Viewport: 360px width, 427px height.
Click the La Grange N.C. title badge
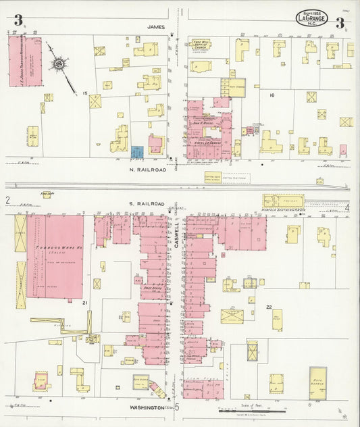(x=311, y=18)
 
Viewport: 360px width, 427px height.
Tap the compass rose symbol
(x=59, y=65)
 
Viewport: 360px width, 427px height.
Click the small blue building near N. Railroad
(x=137, y=152)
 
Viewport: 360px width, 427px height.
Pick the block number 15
(x=85, y=93)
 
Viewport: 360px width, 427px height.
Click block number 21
(x=85, y=303)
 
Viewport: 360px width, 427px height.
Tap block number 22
(x=268, y=307)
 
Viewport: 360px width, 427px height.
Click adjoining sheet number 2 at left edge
(x=7, y=200)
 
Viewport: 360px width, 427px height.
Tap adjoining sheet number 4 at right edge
(x=346, y=207)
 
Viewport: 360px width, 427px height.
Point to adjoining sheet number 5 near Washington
(x=178, y=407)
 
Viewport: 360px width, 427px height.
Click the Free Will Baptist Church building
(x=201, y=45)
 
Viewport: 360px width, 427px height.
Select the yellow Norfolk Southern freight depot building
(x=283, y=201)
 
